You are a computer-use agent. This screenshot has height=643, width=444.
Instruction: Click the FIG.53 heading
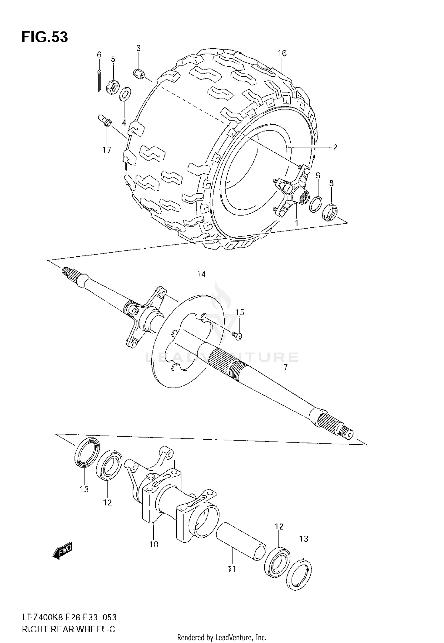tap(45, 38)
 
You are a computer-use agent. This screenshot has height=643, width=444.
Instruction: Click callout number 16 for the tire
tap(282, 53)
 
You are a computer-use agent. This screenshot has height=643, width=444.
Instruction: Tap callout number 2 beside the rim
tap(335, 147)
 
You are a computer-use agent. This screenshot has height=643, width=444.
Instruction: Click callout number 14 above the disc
tap(201, 274)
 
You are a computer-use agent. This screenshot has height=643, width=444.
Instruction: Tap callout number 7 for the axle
tap(285, 367)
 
